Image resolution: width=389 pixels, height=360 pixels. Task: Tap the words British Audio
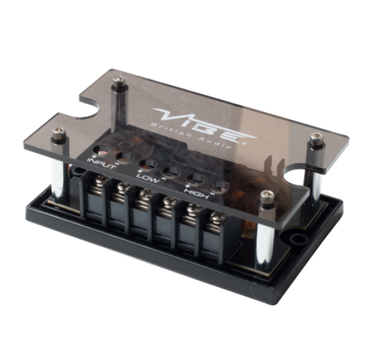[191, 135]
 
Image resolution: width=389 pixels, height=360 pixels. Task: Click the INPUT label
[101, 163]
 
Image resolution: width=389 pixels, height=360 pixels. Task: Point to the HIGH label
[197, 193]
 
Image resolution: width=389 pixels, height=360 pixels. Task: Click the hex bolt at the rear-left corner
[117, 81]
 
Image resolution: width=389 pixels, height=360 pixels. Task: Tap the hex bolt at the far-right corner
[316, 137]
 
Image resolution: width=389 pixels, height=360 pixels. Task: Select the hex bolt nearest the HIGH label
[267, 196]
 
